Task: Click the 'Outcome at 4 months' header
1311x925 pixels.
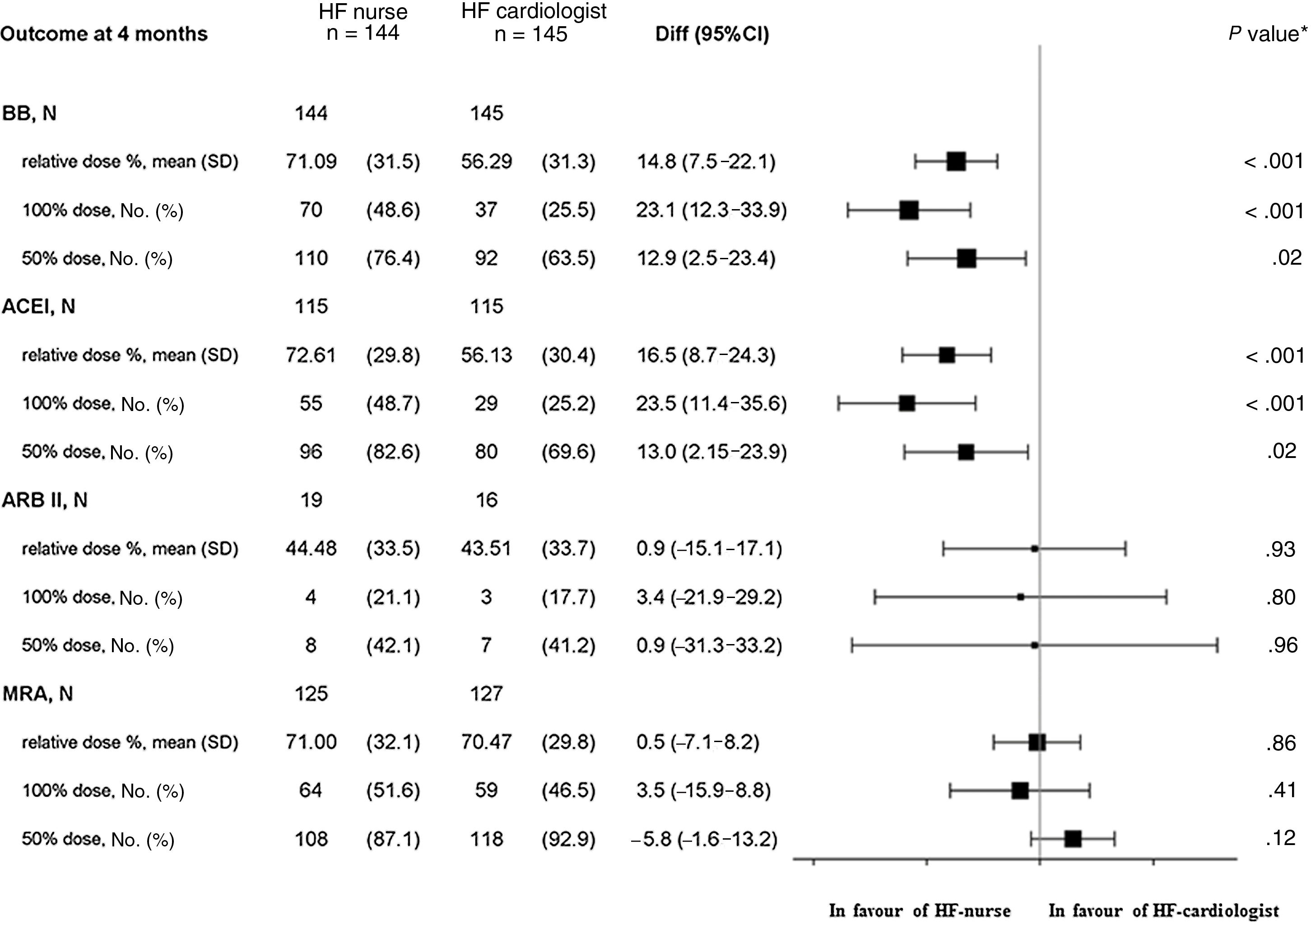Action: pyautogui.click(x=104, y=34)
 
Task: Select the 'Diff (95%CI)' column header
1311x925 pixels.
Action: pyautogui.click(x=712, y=34)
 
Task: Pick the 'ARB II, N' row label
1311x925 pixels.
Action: pyautogui.click(x=45, y=500)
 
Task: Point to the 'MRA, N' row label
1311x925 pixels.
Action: pyautogui.click(x=37, y=694)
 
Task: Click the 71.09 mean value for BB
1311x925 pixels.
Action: pyautogui.click(x=311, y=162)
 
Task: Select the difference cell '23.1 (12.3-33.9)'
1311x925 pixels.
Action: pyautogui.click(x=711, y=210)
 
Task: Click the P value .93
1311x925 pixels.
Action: pyautogui.click(x=1280, y=549)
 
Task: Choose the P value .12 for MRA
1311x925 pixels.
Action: pyautogui.click(x=1280, y=839)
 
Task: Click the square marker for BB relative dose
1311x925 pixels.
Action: pyautogui.click(x=956, y=162)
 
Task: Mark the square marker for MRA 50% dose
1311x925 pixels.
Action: pyautogui.click(x=1073, y=839)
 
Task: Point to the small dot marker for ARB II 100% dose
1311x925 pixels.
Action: pyautogui.click(x=1020, y=597)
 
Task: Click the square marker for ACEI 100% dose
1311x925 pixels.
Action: pyautogui.click(x=907, y=403)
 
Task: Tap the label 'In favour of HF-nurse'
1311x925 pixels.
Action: pyautogui.click(x=919, y=911)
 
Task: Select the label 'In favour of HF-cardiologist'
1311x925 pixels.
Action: pyautogui.click(x=1164, y=911)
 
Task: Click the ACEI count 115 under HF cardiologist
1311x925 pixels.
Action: pyautogui.click(x=487, y=307)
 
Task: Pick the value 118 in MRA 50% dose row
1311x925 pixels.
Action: pyautogui.click(x=487, y=839)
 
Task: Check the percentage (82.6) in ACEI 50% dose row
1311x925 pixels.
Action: pyautogui.click(x=393, y=452)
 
